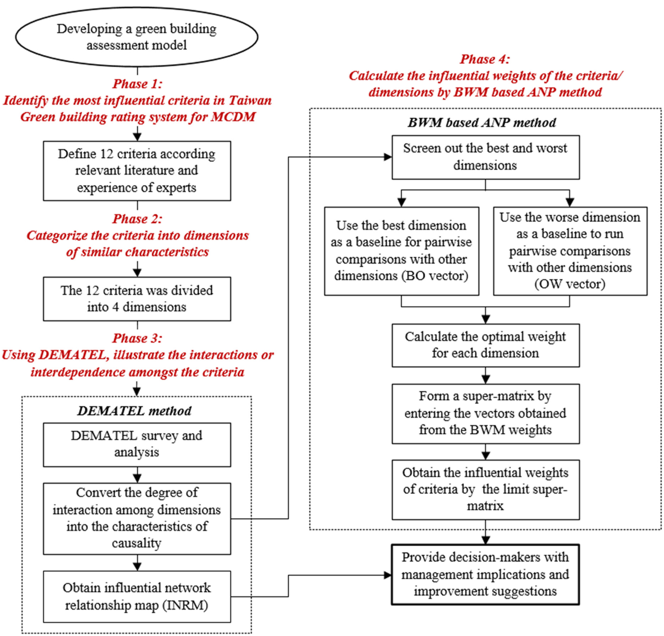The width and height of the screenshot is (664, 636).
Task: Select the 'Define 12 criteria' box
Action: pyautogui.click(x=137, y=171)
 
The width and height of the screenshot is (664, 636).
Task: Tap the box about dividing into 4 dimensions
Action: pyautogui.click(x=137, y=299)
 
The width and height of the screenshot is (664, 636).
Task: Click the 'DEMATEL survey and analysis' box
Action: pyautogui.click(x=137, y=444)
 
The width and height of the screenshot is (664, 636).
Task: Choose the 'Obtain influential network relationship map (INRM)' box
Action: pyautogui.click(x=137, y=596)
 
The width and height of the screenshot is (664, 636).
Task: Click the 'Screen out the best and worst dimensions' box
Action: pyautogui.click(x=485, y=157)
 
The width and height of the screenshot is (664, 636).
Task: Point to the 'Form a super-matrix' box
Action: pyautogui.click(x=485, y=413)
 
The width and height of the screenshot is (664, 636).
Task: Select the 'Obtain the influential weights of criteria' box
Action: pyautogui.click(x=485, y=490)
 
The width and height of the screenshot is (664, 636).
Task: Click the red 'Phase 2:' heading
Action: pyautogui.click(x=137, y=219)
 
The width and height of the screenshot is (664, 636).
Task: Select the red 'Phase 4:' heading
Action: pyautogui.click(x=485, y=59)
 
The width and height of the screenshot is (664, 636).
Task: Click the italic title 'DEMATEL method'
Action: pyautogui.click(x=134, y=411)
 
